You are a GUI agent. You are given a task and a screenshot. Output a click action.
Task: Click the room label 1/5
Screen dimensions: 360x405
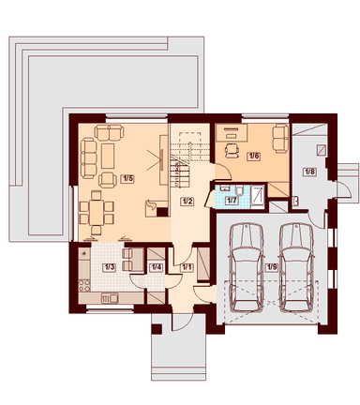[127, 179]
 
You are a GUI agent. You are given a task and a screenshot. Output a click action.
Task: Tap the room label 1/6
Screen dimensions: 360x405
[253, 156]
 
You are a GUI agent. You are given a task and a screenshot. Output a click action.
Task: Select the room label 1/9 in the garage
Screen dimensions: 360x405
[271, 267]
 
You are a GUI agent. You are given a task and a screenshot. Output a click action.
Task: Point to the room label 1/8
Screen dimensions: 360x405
[309, 172]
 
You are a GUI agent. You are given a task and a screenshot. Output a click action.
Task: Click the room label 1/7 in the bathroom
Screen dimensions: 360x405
[232, 200]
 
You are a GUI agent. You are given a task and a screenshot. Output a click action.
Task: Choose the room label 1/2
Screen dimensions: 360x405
[187, 202]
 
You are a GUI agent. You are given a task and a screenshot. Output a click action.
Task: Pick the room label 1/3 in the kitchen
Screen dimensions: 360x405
[110, 267]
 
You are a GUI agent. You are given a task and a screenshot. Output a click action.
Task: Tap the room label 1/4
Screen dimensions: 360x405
[157, 267]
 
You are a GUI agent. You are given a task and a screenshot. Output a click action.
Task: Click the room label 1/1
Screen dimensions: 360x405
[187, 267]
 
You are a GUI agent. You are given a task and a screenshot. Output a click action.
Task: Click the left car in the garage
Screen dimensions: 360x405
[246, 267]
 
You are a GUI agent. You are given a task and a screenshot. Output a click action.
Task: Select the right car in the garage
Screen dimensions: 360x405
[296, 267]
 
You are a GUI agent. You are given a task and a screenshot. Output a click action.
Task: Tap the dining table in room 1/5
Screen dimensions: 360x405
[97, 213]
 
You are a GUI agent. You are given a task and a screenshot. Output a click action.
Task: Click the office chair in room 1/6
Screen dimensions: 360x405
[232, 150]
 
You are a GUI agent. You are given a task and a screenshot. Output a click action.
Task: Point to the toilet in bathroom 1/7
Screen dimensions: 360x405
[239, 190]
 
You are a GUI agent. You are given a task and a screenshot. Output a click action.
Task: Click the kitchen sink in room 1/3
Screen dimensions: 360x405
[110, 298]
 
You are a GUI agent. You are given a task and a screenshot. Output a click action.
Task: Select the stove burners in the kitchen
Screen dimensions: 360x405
[84, 286]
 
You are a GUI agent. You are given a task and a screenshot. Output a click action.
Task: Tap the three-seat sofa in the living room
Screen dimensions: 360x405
[88, 158]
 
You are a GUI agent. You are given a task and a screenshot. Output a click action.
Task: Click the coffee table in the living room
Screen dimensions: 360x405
[108, 156]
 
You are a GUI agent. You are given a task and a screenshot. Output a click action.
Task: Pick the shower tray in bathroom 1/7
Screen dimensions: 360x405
[258, 197]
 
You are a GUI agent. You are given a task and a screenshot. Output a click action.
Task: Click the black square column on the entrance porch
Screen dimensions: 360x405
[157, 329]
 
